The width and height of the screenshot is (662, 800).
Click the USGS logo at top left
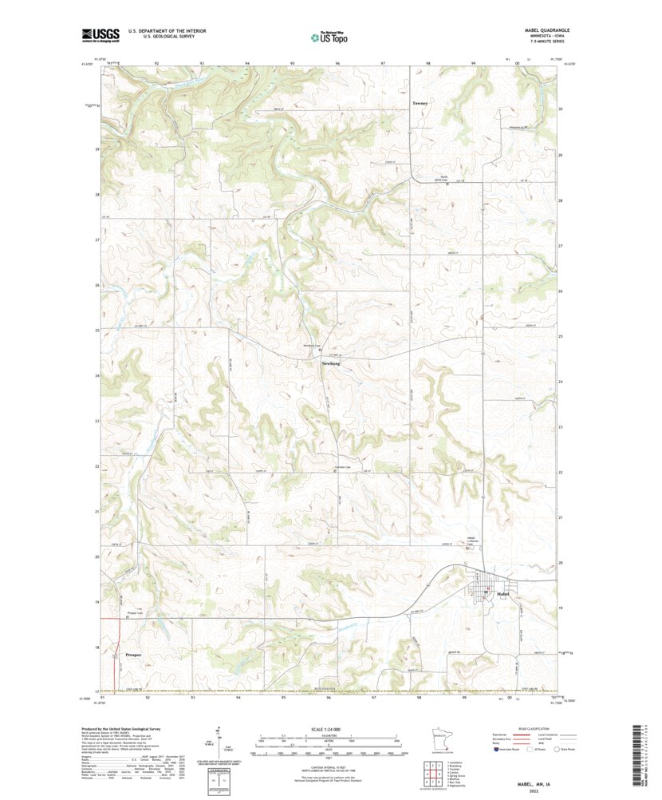[x=100, y=34]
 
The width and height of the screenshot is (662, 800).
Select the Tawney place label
[x=420, y=103]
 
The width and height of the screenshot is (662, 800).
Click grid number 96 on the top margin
[x=338, y=62]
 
